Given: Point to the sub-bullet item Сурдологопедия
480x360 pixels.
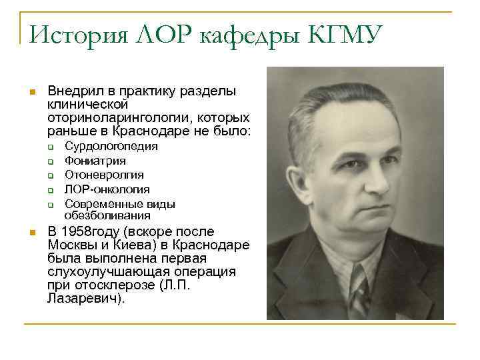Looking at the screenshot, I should click(111, 147).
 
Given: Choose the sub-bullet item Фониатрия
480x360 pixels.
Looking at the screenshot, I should click(95, 161).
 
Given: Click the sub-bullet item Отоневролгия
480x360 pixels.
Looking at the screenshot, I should click(104, 175).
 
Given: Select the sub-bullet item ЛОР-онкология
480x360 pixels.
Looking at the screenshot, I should click(107, 189).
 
